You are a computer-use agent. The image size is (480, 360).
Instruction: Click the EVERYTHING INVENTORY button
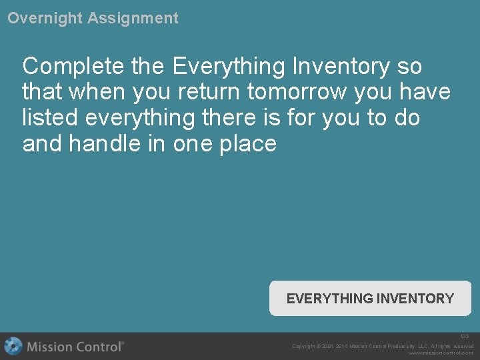pos(370,299)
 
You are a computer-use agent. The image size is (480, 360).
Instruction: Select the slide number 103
pos(465,337)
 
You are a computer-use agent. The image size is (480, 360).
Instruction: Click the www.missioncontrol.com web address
pos(441,353)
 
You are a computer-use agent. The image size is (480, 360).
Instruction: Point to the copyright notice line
pos(383,346)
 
